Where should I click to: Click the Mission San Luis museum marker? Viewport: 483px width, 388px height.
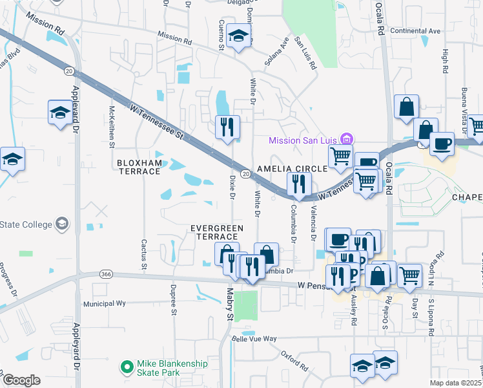coord(347,138)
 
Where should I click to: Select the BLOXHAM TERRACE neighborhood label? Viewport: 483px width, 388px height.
coord(138,166)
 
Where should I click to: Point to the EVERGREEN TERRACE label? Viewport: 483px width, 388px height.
coord(216,233)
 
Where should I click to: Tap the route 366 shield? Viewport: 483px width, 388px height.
coord(106,274)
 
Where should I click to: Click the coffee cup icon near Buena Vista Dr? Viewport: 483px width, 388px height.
coord(442,144)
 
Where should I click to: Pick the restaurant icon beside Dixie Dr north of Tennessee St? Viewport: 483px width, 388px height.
coord(227,127)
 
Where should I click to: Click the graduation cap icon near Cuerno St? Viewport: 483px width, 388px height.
coord(238,38)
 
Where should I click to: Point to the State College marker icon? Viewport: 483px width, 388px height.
coord(62,224)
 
